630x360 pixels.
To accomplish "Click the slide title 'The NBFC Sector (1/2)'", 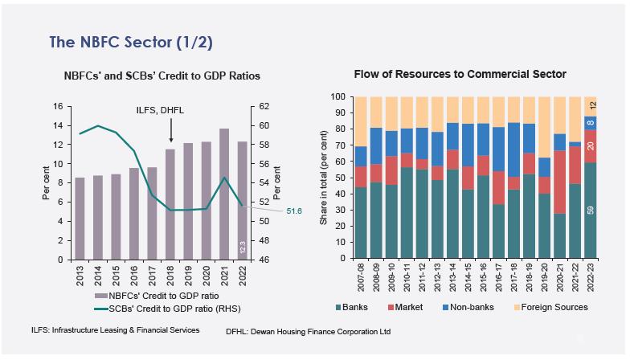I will point(130,42).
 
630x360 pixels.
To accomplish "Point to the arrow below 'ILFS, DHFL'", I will point(170,133).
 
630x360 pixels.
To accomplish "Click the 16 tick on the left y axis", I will point(56,106).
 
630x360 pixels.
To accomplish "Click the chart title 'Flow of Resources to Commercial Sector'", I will point(460,75).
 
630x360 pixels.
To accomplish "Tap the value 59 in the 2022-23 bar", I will point(591,211).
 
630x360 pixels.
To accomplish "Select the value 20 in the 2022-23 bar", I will point(591,145).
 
